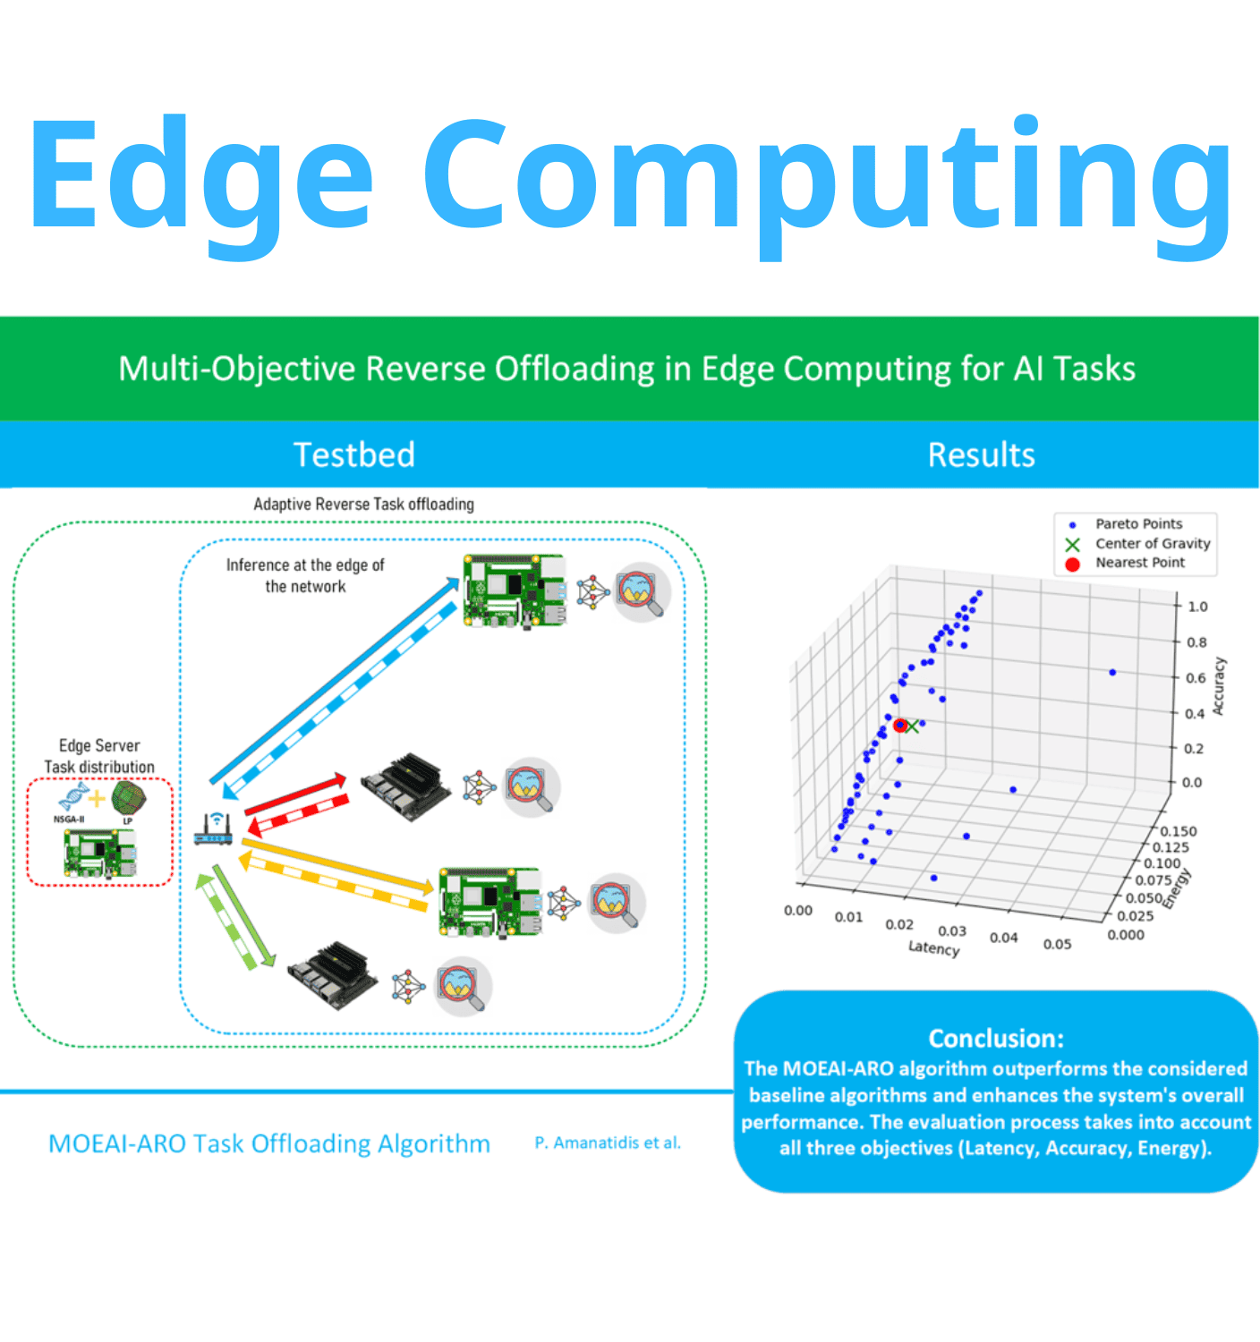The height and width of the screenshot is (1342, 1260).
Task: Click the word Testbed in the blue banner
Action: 354,455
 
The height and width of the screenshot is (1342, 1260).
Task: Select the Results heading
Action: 981,455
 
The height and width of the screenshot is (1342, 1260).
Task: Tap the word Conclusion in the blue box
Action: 995,1038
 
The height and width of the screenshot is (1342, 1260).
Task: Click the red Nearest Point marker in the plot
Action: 899,726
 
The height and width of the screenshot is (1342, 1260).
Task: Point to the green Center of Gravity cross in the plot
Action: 912,726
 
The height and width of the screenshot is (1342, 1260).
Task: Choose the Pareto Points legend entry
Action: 1137,524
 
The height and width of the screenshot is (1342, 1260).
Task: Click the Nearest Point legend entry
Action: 1139,563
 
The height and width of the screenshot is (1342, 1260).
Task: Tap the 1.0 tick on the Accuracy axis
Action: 1197,607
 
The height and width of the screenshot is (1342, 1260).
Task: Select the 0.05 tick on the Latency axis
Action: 1057,944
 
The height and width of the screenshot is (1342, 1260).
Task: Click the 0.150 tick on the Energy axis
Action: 1179,831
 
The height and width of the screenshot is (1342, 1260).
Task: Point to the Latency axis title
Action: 933,947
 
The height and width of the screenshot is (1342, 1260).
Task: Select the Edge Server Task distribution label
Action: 99,756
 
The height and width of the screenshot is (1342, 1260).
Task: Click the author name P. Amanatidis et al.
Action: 608,1142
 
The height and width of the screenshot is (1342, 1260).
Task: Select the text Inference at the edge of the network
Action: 305,576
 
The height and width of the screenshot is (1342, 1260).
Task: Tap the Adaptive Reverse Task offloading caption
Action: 363,505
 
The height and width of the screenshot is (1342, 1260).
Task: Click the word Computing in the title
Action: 827,179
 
